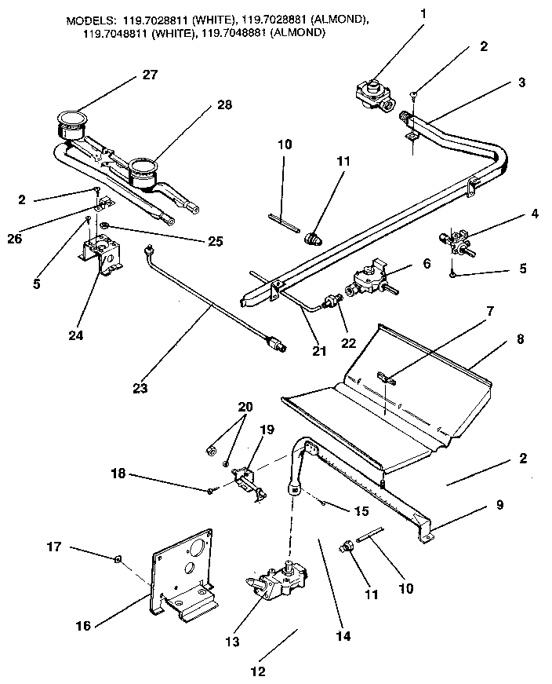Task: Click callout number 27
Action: [x=150, y=75]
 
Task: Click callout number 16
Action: [x=83, y=625]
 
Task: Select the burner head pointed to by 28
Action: [x=143, y=170]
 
